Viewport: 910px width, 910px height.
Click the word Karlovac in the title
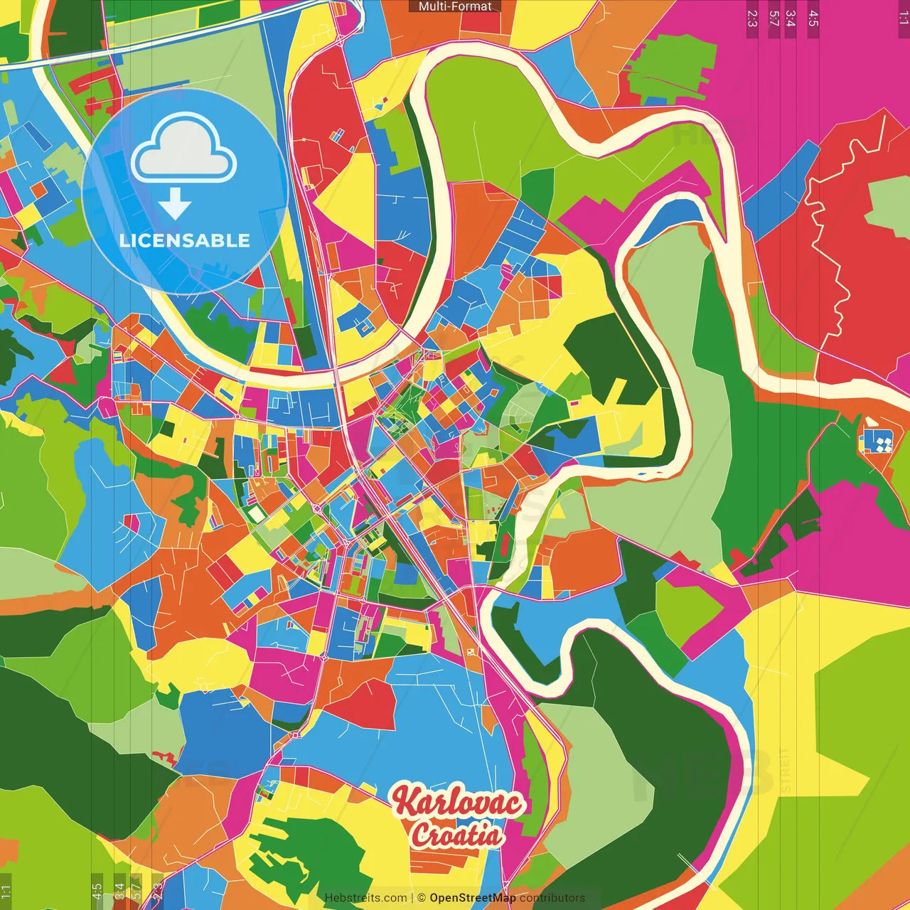tap(459, 801)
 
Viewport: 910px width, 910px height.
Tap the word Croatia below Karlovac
tap(456, 835)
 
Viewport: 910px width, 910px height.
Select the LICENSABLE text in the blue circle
tap(185, 240)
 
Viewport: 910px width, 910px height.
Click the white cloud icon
tap(184, 151)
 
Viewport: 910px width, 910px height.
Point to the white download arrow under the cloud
tap(175, 203)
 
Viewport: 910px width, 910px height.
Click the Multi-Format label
tap(455, 6)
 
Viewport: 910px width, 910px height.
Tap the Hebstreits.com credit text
tap(365, 898)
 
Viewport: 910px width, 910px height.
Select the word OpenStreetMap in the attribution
tap(472, 898)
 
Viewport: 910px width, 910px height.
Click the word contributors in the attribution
tap(552, 898)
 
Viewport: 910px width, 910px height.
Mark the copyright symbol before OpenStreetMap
tap(421, 898)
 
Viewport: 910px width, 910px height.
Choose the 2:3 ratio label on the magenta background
tap(752, 18)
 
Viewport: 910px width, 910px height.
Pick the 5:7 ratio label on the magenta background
tap(773, 18)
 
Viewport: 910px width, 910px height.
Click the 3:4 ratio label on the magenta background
tap(791, 18)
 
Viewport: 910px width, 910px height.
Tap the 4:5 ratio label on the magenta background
tap(813, 18)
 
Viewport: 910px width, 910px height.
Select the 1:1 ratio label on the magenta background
tap(903, 18)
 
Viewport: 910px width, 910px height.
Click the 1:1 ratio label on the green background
tap(6, 891)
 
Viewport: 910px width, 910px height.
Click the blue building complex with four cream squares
tap(878, 442)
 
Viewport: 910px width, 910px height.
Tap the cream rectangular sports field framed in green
tap(254, 513)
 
